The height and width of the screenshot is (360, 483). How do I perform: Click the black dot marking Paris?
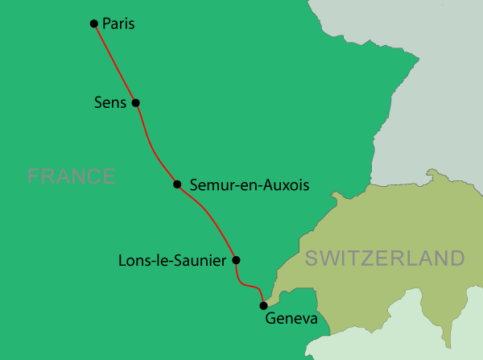94,23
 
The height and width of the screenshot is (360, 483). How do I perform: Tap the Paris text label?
119,24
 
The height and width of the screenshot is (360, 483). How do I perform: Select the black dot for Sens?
135,102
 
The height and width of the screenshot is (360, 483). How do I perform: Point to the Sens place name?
111,102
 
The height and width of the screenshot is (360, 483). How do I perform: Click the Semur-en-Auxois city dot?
177,184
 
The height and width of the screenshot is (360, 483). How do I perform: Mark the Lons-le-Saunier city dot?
236,259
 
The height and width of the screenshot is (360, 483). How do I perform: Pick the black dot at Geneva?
262,305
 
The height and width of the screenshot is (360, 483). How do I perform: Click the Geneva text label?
291,320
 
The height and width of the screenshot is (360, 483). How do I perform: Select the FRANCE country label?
72,176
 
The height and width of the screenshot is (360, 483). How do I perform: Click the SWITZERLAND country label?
385,259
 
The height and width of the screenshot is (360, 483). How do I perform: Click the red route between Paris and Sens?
114,63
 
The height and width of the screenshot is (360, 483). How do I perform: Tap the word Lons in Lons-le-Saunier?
134,260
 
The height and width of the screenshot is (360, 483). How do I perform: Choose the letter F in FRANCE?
33,176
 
